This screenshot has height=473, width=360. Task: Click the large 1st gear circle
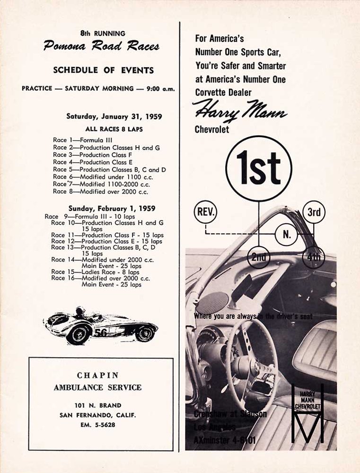[x=258, y=168]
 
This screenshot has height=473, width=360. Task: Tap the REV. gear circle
[x=205, y=212]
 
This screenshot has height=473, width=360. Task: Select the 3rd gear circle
[x=314, y=212]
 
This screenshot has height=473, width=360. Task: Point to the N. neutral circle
[x=286, y=234]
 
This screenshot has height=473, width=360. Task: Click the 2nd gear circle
[x=258, y=257]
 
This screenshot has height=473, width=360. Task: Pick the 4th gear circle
[x=314, y=257]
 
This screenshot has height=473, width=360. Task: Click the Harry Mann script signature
[x=240, y=112]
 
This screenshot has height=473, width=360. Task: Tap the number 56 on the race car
[x=100, y=333]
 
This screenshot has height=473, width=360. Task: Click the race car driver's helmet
[x=81, y=311]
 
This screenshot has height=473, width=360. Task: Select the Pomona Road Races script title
[x=101, y=46]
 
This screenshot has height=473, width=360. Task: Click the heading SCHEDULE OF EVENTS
[x=103, y=70]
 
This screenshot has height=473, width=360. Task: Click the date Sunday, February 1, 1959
[x=112, y=208]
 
